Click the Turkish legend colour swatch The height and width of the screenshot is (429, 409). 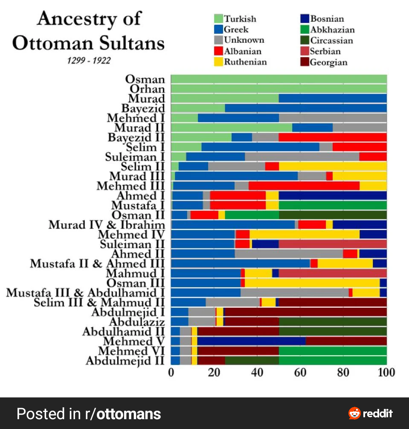pos(218,19)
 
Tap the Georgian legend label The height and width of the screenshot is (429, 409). pos(328,62)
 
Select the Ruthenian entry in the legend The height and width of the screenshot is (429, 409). pos(245,62)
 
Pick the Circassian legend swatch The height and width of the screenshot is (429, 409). pos(305,41)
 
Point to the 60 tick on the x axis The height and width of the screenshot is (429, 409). pos(300,372)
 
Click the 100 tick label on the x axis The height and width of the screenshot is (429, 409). pos(386,372)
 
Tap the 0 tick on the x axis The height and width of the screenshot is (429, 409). pos(171,372)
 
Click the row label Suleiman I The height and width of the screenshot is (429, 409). pos(135,157)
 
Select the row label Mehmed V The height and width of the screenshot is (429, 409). pos(133,341)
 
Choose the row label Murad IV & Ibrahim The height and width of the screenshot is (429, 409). pos(107,225)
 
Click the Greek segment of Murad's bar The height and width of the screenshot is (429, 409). pos(333,99)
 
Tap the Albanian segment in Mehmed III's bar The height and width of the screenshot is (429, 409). pos(304,186)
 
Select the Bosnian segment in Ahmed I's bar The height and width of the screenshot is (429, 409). pos(333,196)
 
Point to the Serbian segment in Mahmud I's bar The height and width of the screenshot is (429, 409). pos(333,273)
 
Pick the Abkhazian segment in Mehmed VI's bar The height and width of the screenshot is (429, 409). pos(333,350)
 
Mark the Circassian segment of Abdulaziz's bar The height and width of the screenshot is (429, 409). pos(333,321)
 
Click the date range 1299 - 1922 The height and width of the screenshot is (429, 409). pos(89,61)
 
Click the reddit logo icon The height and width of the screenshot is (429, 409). pos(354,413)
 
